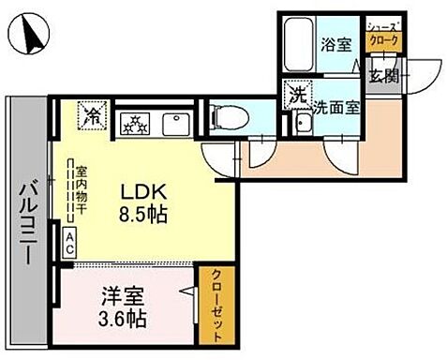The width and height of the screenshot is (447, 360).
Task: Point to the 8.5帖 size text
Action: tap(142, 215)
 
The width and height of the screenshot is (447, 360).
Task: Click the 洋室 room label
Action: tap(127, 293)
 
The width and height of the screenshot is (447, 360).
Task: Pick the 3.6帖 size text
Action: tap(127, 317)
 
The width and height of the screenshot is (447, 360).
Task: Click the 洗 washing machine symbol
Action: tap(299, 95)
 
